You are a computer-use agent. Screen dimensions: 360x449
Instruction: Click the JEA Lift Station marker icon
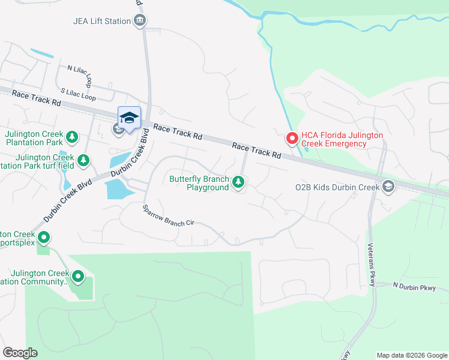point(140,21)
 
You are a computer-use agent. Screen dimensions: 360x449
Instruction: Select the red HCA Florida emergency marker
point(292,139)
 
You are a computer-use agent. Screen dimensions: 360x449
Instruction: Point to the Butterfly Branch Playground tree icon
point(239,181)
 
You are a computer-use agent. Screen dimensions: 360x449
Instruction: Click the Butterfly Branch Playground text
point(199,183)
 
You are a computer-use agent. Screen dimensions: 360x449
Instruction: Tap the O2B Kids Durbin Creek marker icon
point(388,187)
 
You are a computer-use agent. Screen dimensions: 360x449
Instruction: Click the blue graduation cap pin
point(129,118)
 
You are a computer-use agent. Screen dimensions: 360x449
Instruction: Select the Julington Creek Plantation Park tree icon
point(72,137)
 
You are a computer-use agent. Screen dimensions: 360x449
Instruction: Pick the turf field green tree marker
point(84,160)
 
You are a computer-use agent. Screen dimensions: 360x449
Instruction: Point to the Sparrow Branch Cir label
point(169,215)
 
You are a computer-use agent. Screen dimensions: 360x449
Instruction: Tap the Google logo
point(20,353)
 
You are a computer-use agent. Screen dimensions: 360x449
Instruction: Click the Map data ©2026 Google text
point(411,355)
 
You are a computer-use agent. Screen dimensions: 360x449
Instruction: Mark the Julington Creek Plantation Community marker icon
point(77,277)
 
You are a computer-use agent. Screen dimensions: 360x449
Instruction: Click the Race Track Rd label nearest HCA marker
point(257,150)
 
